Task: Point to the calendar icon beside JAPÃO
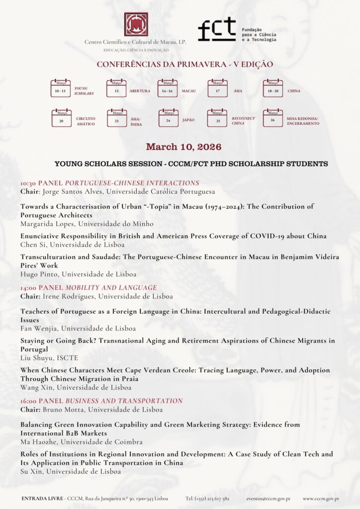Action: [x=168, y=118]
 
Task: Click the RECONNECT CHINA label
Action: [x=243, y=121]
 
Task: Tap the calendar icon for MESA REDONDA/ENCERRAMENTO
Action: [x=272, y=118]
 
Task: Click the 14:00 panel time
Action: [x=28, y=287]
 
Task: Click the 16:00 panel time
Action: [x=28, y=401]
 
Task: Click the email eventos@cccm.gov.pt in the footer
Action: [x=268, y=498]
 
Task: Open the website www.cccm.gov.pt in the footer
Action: [x=321, y=498]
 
